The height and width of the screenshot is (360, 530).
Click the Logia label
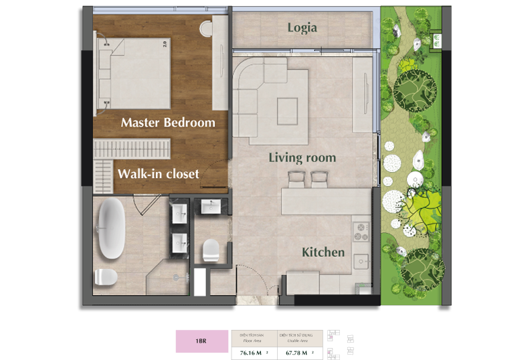302,27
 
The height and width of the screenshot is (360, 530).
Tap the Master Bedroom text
168,122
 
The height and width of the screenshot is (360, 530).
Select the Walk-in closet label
158,174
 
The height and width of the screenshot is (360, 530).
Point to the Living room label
302,158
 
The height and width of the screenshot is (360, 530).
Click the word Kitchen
323,252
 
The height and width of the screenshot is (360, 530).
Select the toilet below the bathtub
106,276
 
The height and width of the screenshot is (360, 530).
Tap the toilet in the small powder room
209,250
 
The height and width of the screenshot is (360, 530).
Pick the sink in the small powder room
211,207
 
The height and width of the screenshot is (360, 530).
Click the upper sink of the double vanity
179,214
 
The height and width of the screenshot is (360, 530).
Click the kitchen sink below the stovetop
362,260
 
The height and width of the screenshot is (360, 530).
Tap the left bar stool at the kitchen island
296,179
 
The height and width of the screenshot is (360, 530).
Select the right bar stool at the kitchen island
319,179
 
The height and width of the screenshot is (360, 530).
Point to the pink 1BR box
201,341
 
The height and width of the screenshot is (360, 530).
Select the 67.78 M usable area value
299,353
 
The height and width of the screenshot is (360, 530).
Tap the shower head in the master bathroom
177,276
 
